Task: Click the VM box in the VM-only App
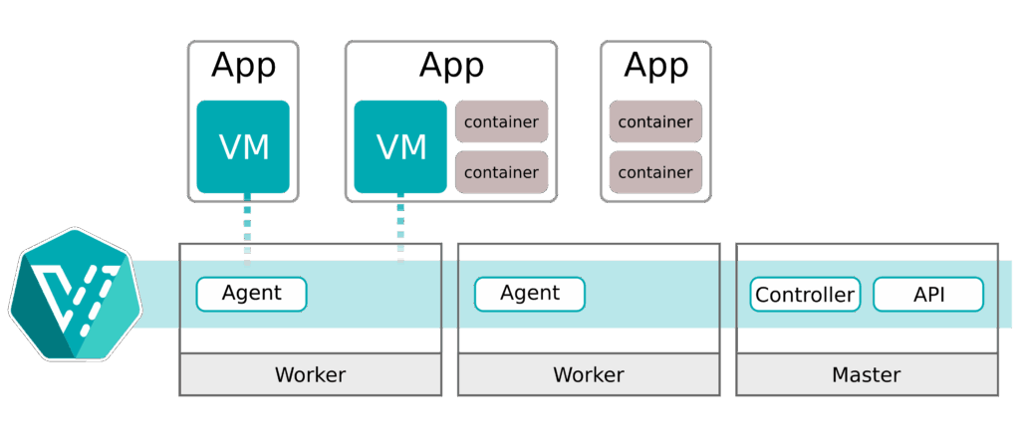[243, 146]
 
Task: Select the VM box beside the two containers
[400, 146]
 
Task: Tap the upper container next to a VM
[502, 121]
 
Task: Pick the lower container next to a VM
[502, 171]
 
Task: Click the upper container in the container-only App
[655, 121]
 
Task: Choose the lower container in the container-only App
[655, 171]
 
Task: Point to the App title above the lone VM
[243, 67]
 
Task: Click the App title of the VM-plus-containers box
[451, 67]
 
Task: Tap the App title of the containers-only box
[655, 67]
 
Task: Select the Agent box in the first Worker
[251, 294]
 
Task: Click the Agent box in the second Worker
[529, 294]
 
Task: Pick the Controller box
[805, 295]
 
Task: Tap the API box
[927, 295]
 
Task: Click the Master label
[866, 375]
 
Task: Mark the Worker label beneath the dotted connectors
[310, 375]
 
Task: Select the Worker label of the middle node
[588, 375]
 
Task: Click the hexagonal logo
[74, 294]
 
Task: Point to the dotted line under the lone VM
[247, 228]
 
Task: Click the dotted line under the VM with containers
[400, 228]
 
